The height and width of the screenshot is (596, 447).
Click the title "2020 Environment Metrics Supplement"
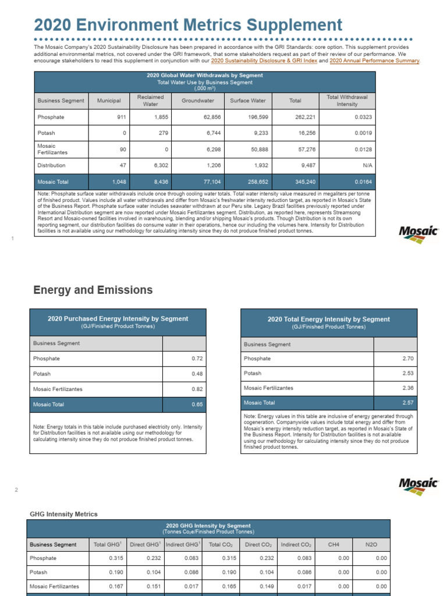[x=188, y=25]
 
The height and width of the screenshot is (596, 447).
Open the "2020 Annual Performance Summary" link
[x=374, y=61]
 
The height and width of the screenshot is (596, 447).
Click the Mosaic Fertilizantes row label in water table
[x=51, y=149]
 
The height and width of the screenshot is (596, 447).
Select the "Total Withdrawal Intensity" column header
[x=347, y=101]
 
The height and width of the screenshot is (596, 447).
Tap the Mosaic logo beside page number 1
[x=418, y=233]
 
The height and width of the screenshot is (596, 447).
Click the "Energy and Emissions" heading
[x=93, y=290]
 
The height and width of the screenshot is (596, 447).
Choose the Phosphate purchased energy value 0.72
[x=197, y=359]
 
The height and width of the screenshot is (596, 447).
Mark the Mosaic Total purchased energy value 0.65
[x=197, y=403]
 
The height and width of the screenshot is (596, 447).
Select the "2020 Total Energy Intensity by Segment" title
[x=328, y=319]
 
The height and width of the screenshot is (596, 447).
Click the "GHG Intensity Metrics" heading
[x=63, y=515]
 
